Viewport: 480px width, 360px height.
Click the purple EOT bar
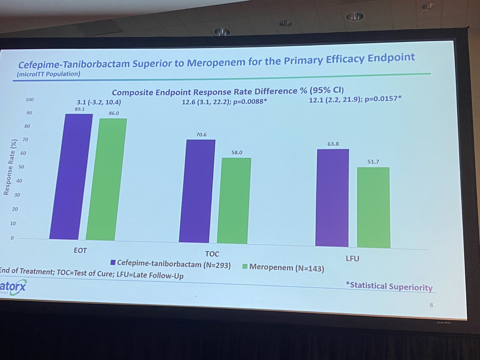point(71,176)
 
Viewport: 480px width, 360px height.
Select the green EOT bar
point(106,179)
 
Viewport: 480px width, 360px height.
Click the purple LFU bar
point(332,198)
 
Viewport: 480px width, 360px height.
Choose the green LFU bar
point(373,208)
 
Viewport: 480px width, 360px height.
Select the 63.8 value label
point(332,144)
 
